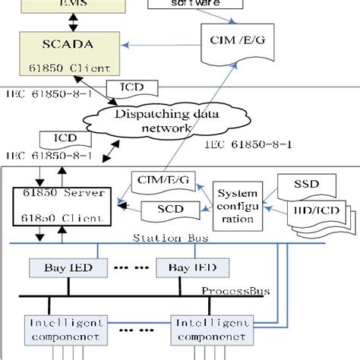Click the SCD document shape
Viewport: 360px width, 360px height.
coord(168,208)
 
